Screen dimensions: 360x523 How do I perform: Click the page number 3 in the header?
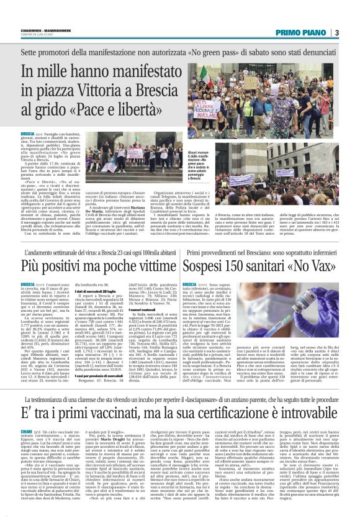pyautogui.click(x=336, y=32)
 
